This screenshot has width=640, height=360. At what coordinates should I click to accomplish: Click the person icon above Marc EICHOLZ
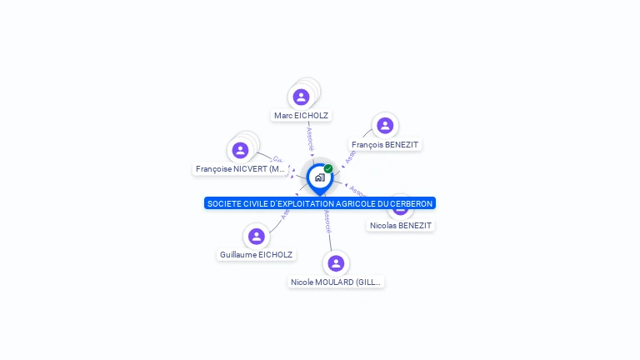tap(302, 97)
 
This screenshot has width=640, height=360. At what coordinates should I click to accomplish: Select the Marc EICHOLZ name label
tap(301, 116)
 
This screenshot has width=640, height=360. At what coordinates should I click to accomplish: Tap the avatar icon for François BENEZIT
tap(384, 126)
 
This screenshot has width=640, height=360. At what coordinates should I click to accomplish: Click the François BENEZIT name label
tap(385, 145)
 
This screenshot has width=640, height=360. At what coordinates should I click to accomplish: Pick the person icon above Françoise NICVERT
tap(241, 150)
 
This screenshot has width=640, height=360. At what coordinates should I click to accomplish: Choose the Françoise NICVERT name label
tap(241, 169)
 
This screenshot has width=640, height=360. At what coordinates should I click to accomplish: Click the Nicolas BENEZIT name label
tap(402, 225)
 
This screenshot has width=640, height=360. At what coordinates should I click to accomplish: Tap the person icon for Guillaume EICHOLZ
tap(257, 236)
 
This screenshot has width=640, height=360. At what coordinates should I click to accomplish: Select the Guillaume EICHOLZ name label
tap(256, 255)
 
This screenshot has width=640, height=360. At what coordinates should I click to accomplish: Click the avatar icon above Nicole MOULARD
tap(336, 263)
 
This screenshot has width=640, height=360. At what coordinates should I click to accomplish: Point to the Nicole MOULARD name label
tap(335, 282)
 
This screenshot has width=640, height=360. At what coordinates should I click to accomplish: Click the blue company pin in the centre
tap(319, 178)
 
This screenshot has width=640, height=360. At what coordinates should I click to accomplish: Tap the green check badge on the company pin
tap(328, 169)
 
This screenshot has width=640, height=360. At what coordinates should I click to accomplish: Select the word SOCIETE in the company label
tap(222, 203)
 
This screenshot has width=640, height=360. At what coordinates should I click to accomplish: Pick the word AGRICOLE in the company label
tap(356, 203)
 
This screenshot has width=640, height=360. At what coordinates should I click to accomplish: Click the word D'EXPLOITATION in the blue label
tap(298, 203)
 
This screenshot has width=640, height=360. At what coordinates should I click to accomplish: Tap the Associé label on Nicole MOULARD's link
tap(327, 220)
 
